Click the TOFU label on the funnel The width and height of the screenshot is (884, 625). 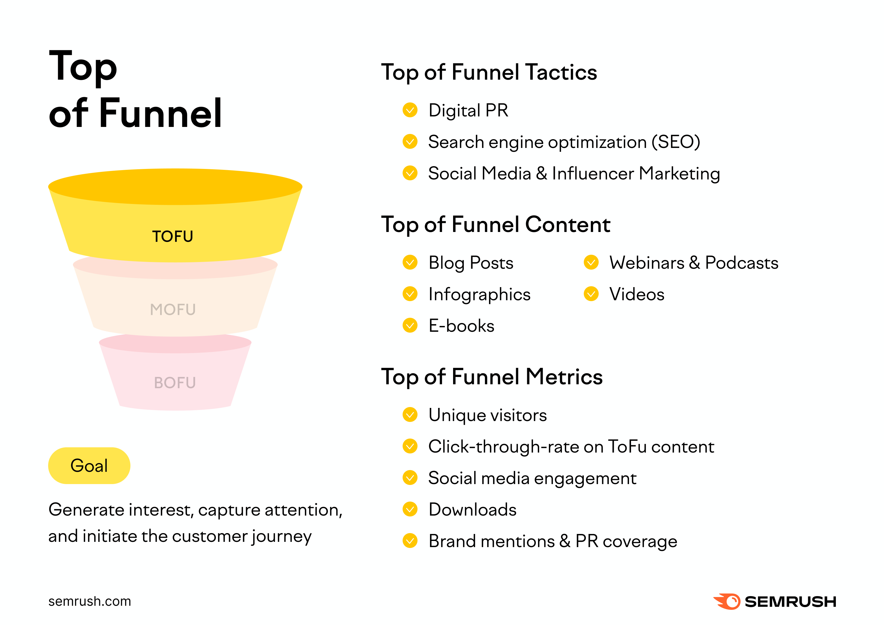point(172,236)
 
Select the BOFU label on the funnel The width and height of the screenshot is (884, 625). point(175,383)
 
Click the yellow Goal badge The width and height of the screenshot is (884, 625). point(89,466)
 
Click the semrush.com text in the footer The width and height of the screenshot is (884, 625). point(90,601)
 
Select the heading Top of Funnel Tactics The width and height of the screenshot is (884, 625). point(489,72)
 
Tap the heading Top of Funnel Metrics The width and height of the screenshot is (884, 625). point(492,377)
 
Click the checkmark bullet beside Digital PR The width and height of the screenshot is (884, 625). point(410,110)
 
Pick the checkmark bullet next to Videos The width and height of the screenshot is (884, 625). point(591,294)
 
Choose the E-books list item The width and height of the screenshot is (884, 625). point(461,326)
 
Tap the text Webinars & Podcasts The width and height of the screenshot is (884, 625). point(693,263)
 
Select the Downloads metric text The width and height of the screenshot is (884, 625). point(472,509)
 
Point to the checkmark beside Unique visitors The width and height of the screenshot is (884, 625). point(410,415)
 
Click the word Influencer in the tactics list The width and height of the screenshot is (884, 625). point(593,174)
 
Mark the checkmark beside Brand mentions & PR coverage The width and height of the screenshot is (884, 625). point(410,541)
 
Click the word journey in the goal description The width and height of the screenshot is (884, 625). point(282,536)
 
